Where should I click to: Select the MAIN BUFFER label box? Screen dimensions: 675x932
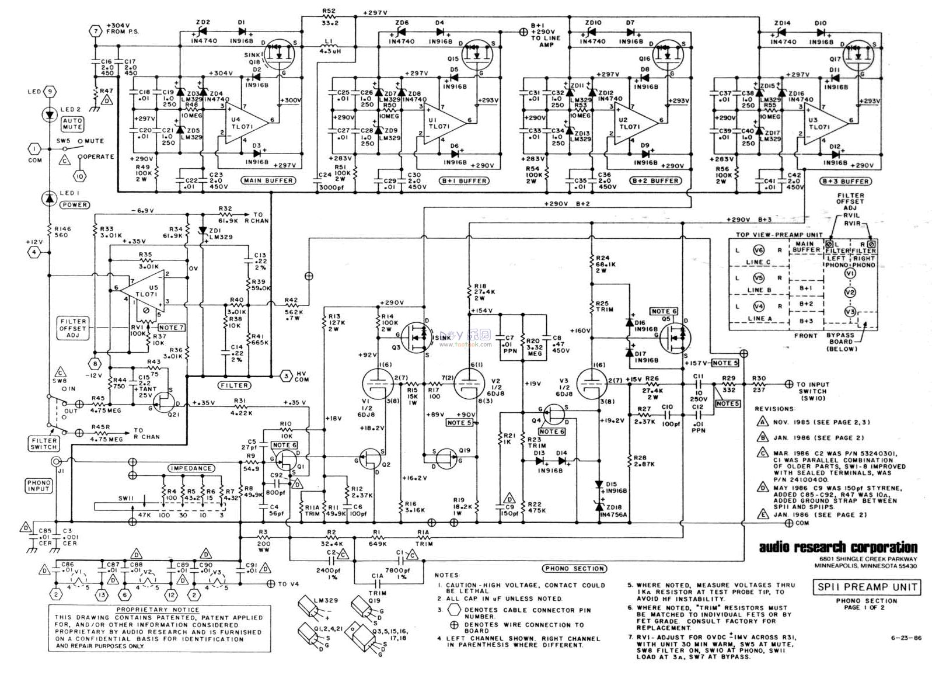click(x=267, y=180)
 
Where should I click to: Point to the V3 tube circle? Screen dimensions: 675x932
click(x=591, y=384)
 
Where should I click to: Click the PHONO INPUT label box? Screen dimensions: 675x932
click(x=39, y=485)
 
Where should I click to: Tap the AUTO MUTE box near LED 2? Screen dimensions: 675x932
click(x=72, y=124)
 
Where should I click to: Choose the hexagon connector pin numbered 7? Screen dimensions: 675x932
click(x=95, y=30)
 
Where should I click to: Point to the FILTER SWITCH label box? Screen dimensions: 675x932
click(x=44, y=444)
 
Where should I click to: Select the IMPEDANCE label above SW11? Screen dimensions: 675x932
click(x=191, y=468)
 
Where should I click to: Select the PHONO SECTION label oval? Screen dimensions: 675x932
click(x=574, y=568)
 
